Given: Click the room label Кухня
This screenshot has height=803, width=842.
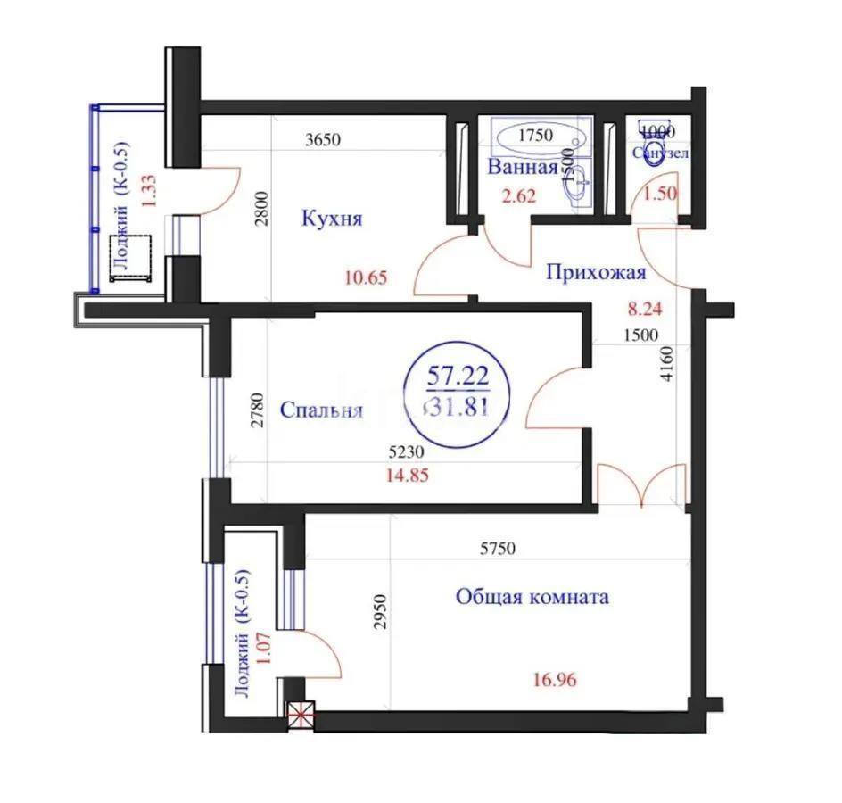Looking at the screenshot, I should (x=333, y=219).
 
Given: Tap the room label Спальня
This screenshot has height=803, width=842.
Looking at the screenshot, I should (x=321, y=410).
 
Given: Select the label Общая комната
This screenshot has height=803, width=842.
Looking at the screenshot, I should (x=532, y=596).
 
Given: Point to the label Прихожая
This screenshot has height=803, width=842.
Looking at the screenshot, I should (x=595, y=273).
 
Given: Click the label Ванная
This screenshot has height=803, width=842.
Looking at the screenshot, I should (x=523, y=167).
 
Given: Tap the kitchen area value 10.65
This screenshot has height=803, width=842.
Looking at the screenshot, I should (x=367, y=277).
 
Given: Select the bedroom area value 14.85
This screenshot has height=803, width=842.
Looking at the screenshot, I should (x=407, y=476).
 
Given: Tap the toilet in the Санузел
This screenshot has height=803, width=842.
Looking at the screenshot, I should (x=656, y=148).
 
